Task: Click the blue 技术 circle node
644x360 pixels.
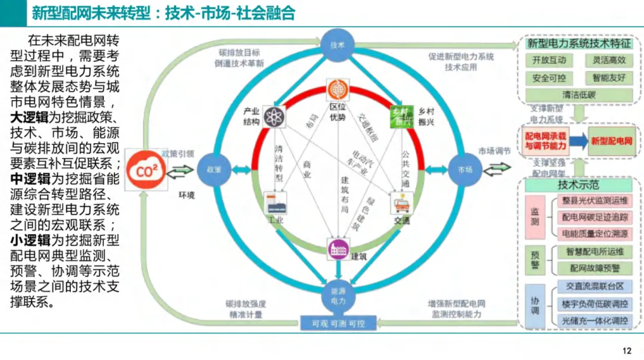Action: [x=338, y=45]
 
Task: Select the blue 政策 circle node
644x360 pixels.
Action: [x=213, y=169]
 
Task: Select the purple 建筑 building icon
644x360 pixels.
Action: [x=338, y=249]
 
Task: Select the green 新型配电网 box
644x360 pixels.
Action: [x=611, y=141]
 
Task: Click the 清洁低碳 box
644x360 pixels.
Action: [x=579, y=95]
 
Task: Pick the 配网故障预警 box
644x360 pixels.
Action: [x=595, y=268]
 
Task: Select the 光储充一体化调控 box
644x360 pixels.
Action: [x=595, y=321]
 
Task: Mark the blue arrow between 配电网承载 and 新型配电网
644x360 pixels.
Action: [x=577, y=141]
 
